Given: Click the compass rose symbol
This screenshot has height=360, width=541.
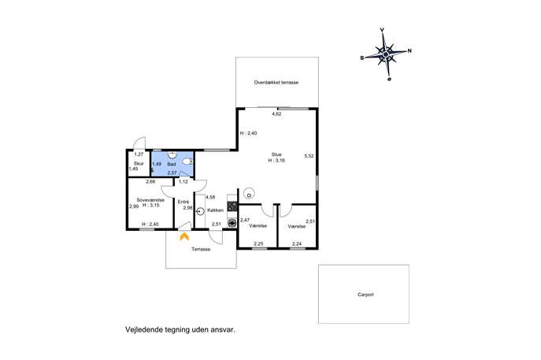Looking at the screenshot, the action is pyautogui.click(x=386, y=54).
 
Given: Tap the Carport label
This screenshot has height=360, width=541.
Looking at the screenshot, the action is pyautogui.click(x=365, y=295).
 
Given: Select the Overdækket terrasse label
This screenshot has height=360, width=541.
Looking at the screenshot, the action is pyautogui.click(x=276, y=83).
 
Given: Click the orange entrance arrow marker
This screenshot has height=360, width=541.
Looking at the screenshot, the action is pyautogui.click(x=184, y=236).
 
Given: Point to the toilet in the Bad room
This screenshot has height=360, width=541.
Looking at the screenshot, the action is pyautogui.click(x=187, y=161).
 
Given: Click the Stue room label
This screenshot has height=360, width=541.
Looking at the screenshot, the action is pyautogui.click(x=276, y=154).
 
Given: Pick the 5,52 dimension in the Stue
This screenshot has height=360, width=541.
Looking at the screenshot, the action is pyautogui.click(x=309, y=156).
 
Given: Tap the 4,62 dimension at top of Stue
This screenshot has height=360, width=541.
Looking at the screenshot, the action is pyautogui.click(x=276, y=113).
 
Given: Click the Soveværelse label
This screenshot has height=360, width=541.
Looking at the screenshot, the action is pyautogui.click(x=150, y=200).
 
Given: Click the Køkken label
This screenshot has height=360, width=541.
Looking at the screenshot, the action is pyautogui.click(x=215, y=210).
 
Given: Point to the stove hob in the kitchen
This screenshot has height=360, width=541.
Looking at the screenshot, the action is pyautogui.click(x=232, y=206).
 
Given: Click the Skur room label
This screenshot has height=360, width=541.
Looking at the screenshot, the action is pyautogui.click(x=139, y=164).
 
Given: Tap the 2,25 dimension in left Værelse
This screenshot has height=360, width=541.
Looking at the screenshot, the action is pyautogui.click(x=258, y=243).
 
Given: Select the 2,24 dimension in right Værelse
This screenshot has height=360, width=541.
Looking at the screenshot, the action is pyautogui.click(x=297, y=243).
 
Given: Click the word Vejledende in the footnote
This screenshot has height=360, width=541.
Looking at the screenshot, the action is pyautogui.click(x=140, y=329).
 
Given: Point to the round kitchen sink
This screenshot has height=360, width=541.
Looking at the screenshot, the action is pyautogui.click(x=201, y=211).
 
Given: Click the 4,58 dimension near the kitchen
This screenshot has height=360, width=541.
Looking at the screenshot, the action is pyautogui.click(x=210, y=198).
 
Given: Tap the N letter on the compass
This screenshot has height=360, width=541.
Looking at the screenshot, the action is pyautogui.click(x=409, y=50).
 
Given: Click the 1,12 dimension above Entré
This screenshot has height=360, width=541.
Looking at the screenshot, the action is pyautogui.click(x=183, y=181).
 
